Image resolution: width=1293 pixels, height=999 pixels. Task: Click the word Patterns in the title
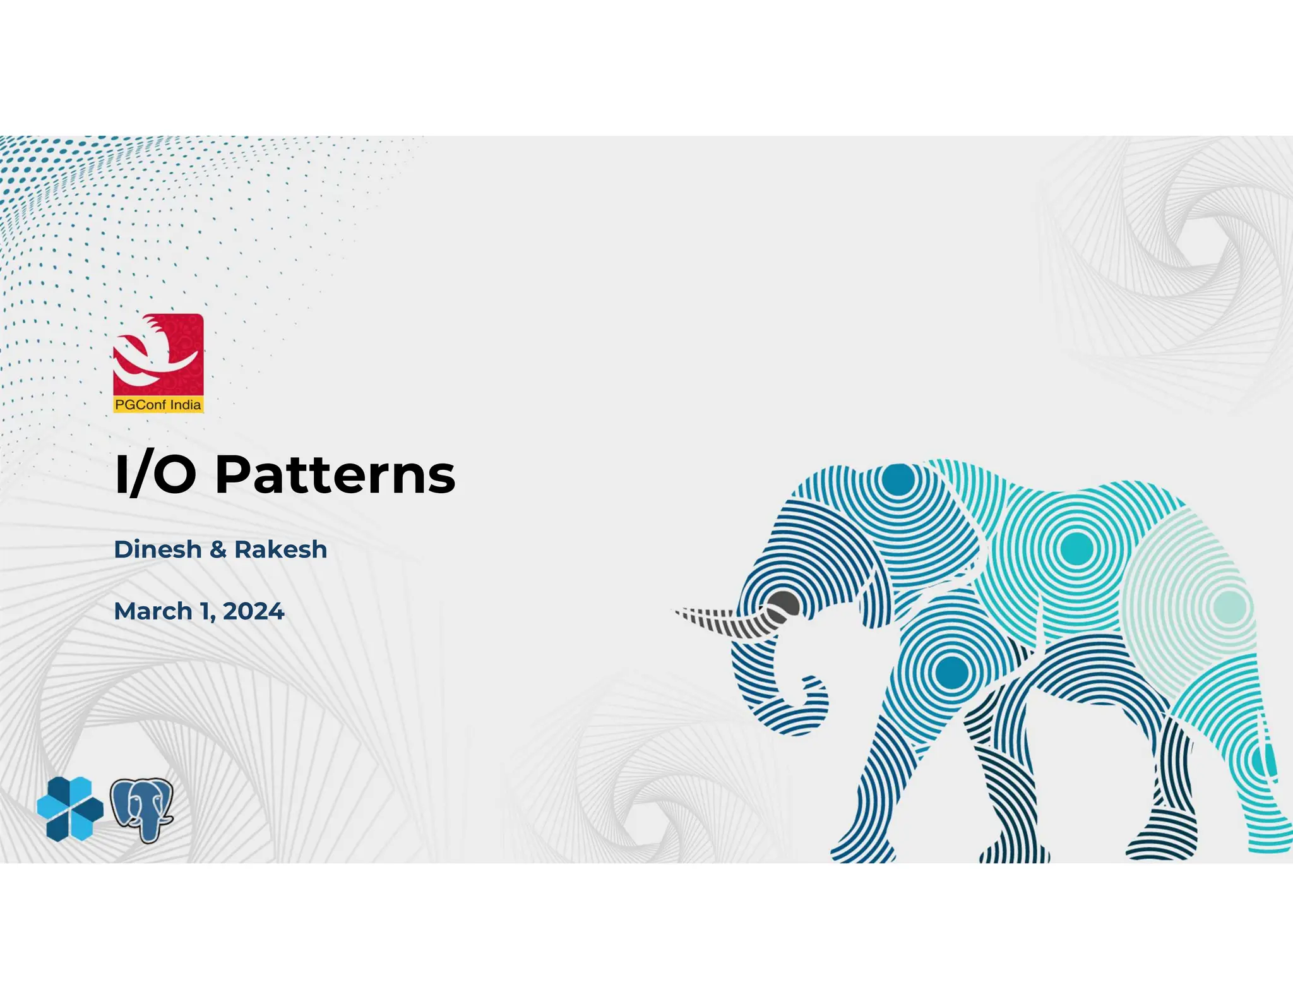pyautogui.click(x=335, y=475)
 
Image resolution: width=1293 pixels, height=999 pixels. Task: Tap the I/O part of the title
pyautogui.click(x=155, y=475)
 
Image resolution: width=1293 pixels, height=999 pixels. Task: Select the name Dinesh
pyautogui.click(x=158, y=549)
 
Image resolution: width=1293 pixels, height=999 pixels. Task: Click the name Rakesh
pyautogui.click(x=281, y=549)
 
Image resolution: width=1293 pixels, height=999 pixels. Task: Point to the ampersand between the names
pyautogui.click(x=218, y=549)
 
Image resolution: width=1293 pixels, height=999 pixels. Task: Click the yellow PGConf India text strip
pyautogui.click(x=158, y=405)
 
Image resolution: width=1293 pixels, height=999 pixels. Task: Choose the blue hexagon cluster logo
pyautogui.click(x=70, y=808)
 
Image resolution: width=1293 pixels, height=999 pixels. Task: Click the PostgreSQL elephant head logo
pyautogui.click(x=142, y=810)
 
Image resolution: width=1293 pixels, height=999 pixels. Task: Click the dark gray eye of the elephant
pyautogui.click(x=784, y=605)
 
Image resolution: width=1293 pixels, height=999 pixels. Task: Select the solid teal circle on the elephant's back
pyautogui.click(x=1076, y=547)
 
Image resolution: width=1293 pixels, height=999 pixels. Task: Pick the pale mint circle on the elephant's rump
pyautogui.click(x=1229, y=606)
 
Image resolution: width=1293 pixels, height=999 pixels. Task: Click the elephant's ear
pyautogui.click(x=934, y=556)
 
